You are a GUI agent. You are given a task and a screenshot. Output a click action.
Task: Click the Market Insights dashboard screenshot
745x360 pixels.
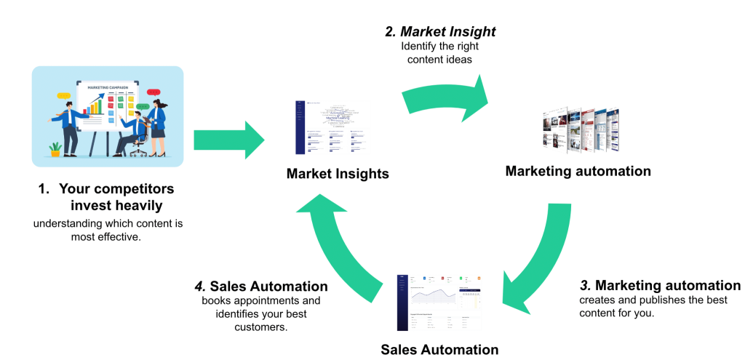click(x=332, y=127)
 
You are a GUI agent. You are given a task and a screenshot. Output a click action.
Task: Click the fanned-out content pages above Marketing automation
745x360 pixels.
click(x=581, y=130)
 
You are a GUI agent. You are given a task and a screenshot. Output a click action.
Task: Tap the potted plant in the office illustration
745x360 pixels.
click(x=55, y=149)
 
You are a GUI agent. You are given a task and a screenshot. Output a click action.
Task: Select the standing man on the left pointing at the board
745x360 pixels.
click(x=70, y=127)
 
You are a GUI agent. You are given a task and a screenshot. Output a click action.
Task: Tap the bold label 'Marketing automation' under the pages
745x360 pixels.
click(x=578, y=172)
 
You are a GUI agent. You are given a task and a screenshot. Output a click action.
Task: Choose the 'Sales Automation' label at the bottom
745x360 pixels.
click(x=439, y=349)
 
